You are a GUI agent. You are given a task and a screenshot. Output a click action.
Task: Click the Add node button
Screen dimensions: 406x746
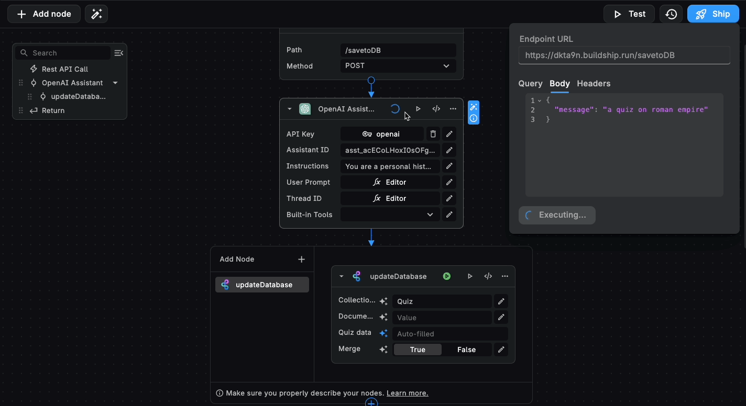44,14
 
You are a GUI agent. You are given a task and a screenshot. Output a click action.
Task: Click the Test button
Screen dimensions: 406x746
629,14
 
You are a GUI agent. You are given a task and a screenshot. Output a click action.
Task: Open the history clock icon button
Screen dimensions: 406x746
671,14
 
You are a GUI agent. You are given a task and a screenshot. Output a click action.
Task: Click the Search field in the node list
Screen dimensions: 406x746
68,53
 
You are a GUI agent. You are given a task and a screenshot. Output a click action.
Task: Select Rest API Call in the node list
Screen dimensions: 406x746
64,69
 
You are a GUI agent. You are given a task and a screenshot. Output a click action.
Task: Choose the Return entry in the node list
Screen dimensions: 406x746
53,110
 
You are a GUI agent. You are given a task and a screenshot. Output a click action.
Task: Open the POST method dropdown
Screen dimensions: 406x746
398,66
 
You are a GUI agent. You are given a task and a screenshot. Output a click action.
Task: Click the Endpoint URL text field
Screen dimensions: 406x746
624,55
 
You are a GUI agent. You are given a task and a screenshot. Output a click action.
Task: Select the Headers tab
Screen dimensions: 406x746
594,83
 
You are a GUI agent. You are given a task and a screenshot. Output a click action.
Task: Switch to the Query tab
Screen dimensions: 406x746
530,83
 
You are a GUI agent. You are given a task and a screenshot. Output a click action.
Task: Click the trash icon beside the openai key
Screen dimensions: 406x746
433,134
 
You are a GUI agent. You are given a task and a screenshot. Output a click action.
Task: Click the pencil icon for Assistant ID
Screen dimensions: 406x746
449,150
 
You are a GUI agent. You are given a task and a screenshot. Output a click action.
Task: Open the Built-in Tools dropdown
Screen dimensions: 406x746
390,215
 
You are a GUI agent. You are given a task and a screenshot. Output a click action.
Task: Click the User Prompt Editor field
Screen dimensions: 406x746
390,182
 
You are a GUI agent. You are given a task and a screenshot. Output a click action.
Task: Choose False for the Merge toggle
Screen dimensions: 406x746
466,349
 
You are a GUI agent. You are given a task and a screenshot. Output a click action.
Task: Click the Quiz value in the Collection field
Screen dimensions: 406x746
442,301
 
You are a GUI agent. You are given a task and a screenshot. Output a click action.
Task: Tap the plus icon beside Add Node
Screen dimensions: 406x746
301,259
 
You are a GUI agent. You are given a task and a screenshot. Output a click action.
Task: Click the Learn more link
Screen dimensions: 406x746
407,393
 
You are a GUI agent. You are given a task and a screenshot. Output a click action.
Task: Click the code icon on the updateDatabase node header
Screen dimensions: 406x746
488,276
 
